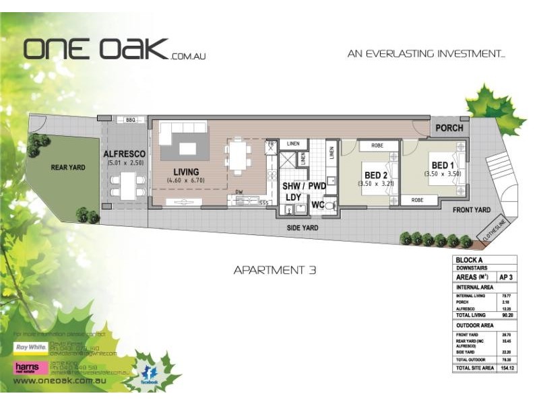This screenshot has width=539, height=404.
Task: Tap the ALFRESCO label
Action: point(125,154)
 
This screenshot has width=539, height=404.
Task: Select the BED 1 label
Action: point(441,165)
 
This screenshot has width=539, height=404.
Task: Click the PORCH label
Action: point(449,128)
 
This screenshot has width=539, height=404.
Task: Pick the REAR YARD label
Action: point(68,167)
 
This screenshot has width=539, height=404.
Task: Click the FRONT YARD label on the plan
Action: point(471,210)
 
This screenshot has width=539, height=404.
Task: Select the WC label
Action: point(317,205)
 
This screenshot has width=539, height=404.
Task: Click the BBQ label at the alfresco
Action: point(130,119)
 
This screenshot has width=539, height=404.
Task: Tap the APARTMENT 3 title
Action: point(274,271)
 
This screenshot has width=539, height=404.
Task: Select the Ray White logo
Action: point(30,347)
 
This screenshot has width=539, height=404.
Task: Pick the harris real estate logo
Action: point(30,367)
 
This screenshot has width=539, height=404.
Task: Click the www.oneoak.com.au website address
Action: point(62,380)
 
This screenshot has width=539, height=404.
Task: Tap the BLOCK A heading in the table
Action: point(470,259)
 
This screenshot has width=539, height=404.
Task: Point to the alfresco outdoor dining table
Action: point(125,184)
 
